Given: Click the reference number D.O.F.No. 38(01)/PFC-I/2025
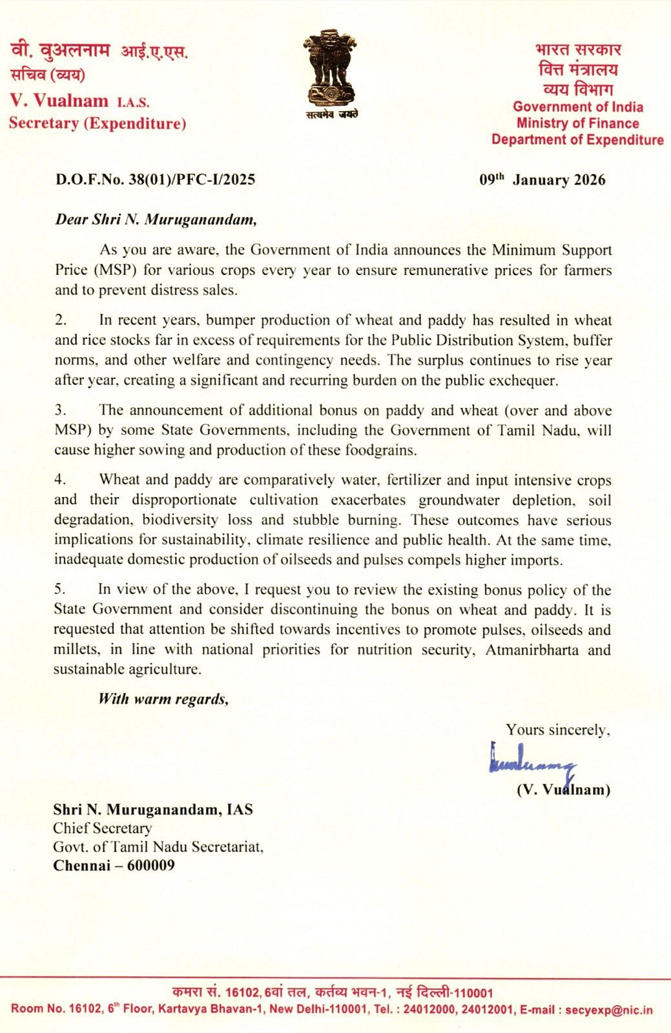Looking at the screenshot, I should (155, 179).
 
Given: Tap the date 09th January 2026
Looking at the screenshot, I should (542, 179).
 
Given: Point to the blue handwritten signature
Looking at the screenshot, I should (532, 762).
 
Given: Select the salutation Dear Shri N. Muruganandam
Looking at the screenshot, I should (156, 220).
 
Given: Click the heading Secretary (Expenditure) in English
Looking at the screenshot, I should (98, 123).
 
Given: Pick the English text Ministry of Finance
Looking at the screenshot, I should (577, 123).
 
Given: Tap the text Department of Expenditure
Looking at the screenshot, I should (577, 140).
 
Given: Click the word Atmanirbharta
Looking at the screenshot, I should (532, 649).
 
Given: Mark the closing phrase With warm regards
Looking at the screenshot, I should (163, 699).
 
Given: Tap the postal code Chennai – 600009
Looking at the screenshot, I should (114, 865).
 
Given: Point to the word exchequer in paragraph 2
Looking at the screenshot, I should (524, 380).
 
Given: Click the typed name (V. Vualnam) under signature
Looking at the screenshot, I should (563, 790).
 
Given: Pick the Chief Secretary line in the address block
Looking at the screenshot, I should (102, 828).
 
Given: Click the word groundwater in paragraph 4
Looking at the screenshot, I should (459, 500).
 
